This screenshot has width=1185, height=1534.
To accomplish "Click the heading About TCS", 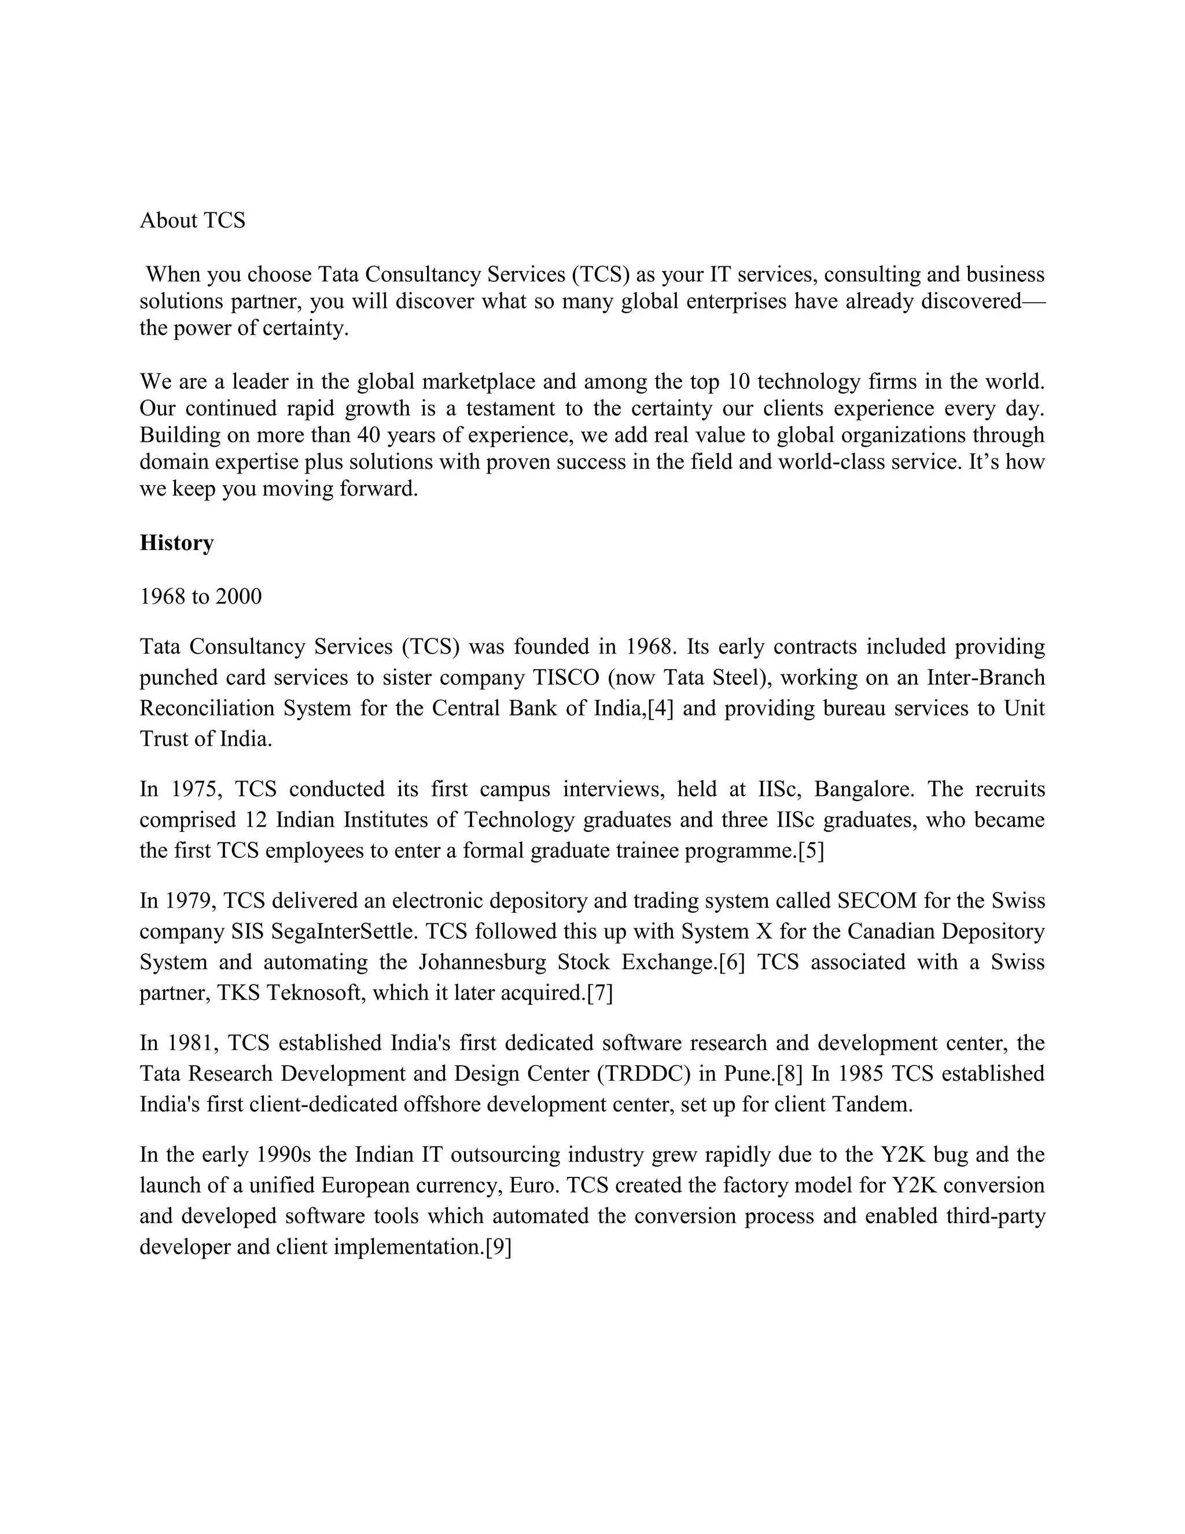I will click(192, 221).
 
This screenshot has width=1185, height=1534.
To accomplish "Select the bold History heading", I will click(176, 543).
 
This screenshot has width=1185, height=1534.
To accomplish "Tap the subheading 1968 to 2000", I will click(200, 596).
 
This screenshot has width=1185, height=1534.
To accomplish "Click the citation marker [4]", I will click(660, 708).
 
